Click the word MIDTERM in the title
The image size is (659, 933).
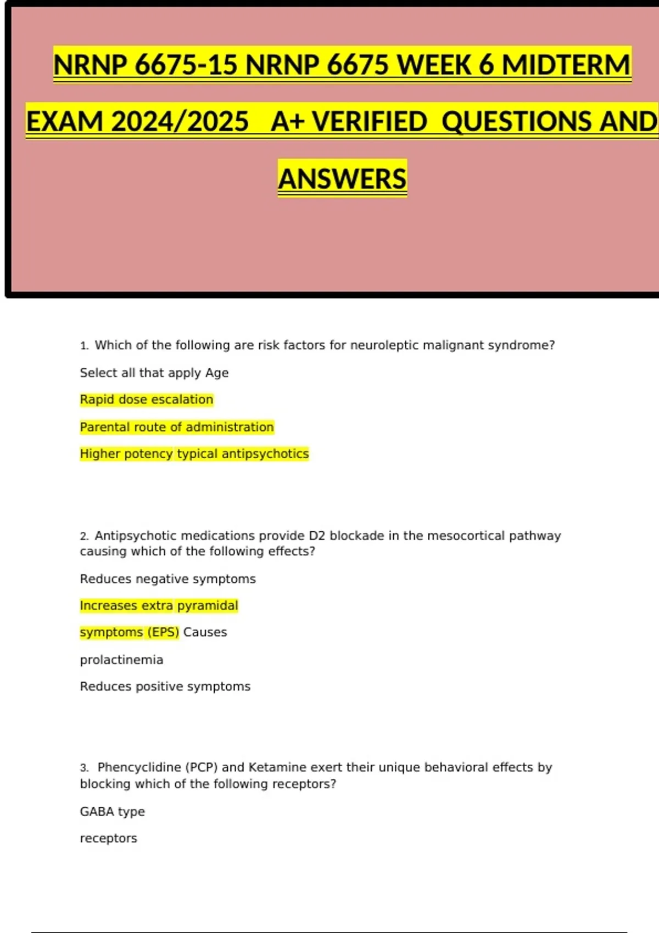(x=566, y=65)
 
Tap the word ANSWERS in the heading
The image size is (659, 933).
(x=342, y=179)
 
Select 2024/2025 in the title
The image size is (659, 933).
(x=180, y=121)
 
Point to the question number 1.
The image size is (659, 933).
(x=83, y=346)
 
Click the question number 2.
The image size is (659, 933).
(x=83, y=536)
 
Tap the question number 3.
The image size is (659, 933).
(x=83, y=768)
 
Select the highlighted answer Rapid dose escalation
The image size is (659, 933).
(x=146, y=400)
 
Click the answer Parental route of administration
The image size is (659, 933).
(x=176, y=427)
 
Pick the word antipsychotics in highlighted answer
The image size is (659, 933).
(x=265, y=454)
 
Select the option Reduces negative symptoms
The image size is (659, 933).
(x=167, y=579)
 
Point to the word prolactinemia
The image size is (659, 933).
(x=121, y=660)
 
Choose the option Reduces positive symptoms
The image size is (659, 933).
(x=165, y=687)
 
